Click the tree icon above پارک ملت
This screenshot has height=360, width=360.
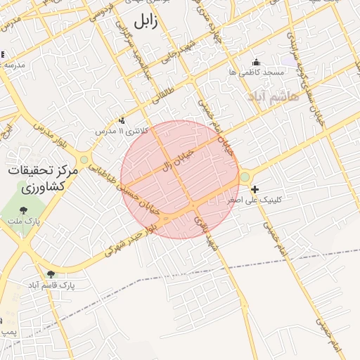point(25,210)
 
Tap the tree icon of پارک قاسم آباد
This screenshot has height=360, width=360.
point(50,274)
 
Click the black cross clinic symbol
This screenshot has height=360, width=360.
point(255,189)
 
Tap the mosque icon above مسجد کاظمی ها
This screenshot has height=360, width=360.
point(255,62)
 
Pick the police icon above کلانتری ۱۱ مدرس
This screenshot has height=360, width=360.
point(122,120)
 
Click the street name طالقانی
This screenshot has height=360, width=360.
point(164,98)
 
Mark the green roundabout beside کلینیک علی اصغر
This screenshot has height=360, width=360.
point(245,178)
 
